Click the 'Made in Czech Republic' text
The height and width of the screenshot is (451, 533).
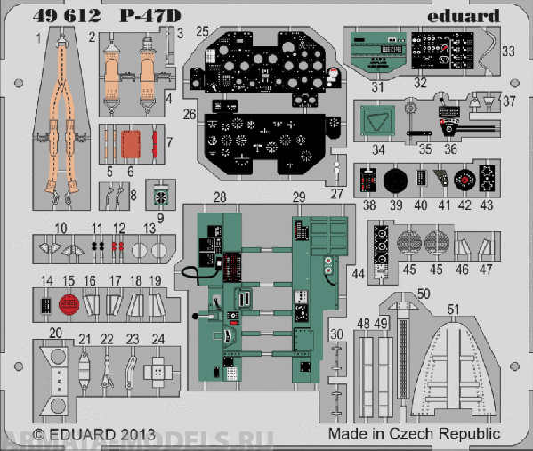pos(413,433)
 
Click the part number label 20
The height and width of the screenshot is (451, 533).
pos(55,333)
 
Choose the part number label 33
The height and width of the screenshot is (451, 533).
pos(507,51)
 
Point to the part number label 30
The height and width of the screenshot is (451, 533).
pos(335,334)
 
